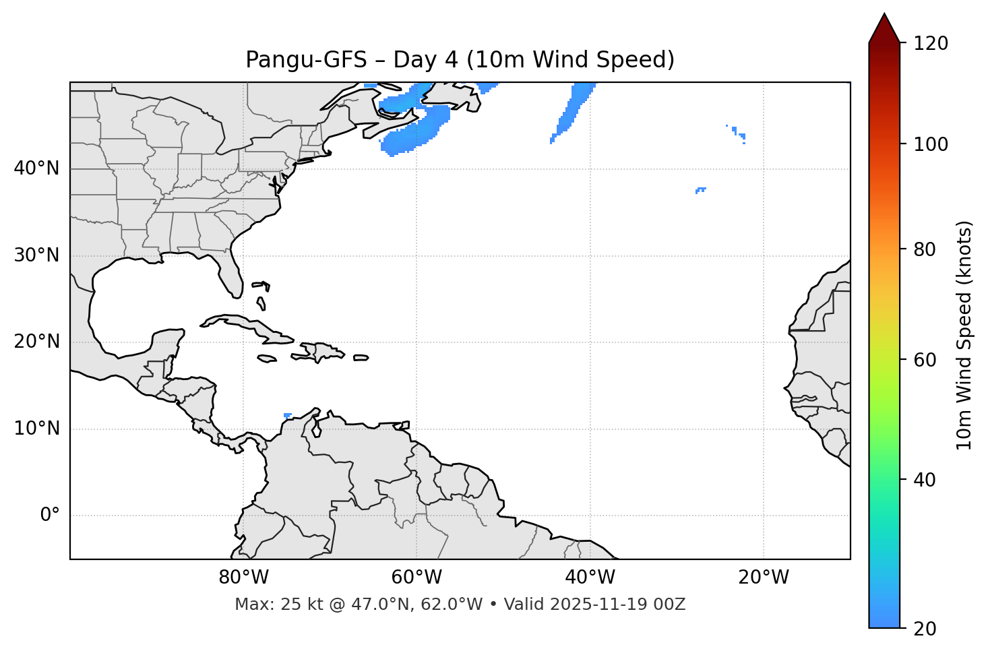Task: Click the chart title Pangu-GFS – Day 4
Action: click(460, 60)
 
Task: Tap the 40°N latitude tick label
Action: click(36, 168)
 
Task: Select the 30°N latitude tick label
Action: click(36, 255)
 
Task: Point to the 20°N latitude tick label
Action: click(36, 342)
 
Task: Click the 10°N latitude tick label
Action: click(36, 429)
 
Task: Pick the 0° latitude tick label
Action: click(49, 516)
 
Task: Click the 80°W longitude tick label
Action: click(243, 578)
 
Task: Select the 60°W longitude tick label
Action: click(416, 578)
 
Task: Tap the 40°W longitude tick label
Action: click(590, 578)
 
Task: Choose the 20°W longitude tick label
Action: click(763, 578)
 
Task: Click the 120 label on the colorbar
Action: click(930, 44)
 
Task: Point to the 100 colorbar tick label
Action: click(930, 144)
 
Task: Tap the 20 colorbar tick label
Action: click(925, 629)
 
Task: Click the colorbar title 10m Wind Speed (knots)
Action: click(964, 335)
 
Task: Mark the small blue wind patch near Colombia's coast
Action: click(288, 415)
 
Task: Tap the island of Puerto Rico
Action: click(361, 358)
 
